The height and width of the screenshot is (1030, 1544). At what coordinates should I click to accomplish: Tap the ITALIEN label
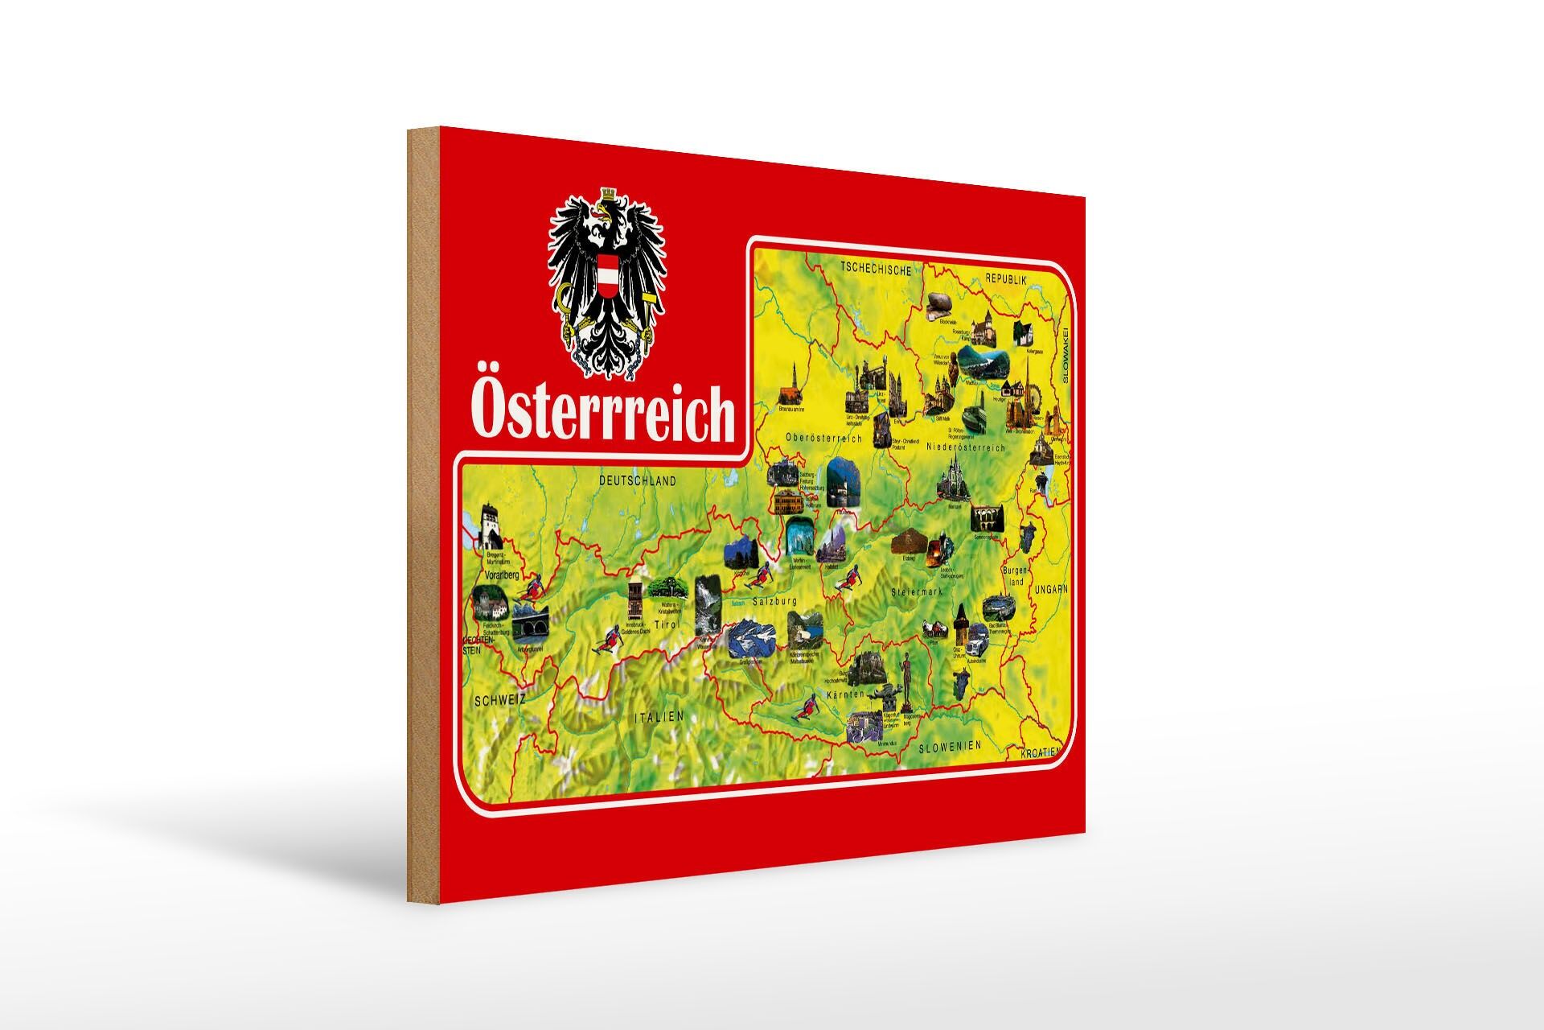click(657, 715)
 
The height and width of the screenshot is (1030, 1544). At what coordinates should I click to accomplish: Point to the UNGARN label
click(1051, 589)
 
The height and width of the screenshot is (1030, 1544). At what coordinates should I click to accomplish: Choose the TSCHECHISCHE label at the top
click(876, 270)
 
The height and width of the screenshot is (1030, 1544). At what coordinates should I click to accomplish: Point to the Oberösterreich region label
click(824, 439)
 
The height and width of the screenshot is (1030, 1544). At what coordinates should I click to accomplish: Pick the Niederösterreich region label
click(967, 447)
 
